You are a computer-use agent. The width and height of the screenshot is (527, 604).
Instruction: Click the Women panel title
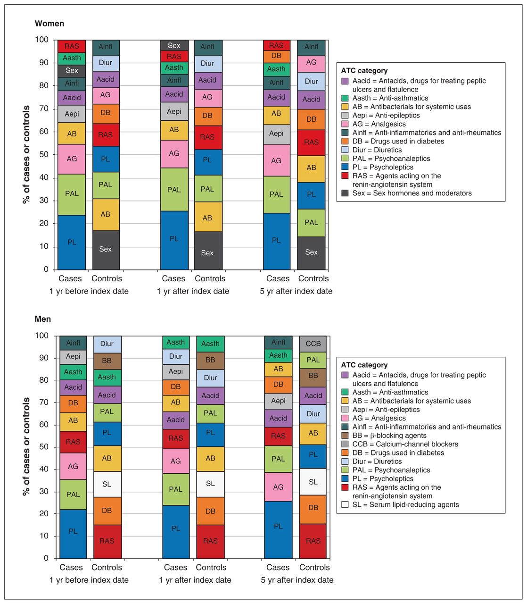click(x=49, y=24)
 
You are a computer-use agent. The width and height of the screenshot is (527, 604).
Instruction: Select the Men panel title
click(x=43, y=319)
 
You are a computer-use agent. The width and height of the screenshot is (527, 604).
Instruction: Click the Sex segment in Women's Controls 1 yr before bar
click(x=105, y=250)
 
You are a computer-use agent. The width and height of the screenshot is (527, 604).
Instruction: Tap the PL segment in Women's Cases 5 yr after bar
click(x=276, y=241)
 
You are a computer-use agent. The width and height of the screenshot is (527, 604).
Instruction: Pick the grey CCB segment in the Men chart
click(x=313, y=344)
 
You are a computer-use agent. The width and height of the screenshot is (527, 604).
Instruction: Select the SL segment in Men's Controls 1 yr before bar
click(x=107, y=484)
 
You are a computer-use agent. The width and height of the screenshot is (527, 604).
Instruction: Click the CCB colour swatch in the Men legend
click(x=345, y=444)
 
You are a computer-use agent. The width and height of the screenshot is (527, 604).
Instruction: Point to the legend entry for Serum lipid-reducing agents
click(x=400, y=504)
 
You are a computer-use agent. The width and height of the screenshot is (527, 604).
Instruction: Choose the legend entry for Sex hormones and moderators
click(x=407, y=193)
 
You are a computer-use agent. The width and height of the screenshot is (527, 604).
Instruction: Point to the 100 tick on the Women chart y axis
click(x=41, y=40)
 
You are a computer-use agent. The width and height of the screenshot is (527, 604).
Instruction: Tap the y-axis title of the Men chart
click(x=26, y=447)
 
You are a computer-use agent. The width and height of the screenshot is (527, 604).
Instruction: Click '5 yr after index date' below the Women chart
click(x=296, y=291)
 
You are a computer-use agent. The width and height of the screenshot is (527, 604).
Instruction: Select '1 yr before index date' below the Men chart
click(x=89, y=580)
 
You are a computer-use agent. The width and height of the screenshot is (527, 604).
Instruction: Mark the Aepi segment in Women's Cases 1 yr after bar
click(x=174, y=111)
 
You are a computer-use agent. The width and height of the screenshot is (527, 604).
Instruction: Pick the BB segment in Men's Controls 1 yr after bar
click(x=210, y=361)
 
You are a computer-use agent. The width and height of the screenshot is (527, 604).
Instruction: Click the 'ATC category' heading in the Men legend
click(x=364, y=365)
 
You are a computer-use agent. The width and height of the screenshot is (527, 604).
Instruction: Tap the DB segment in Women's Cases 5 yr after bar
click(x=276, y=56)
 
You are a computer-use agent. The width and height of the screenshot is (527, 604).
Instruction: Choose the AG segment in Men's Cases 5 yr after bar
click(x=278, y=487)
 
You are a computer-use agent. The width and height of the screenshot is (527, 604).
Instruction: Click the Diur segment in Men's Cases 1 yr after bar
click(x=176, y=356)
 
